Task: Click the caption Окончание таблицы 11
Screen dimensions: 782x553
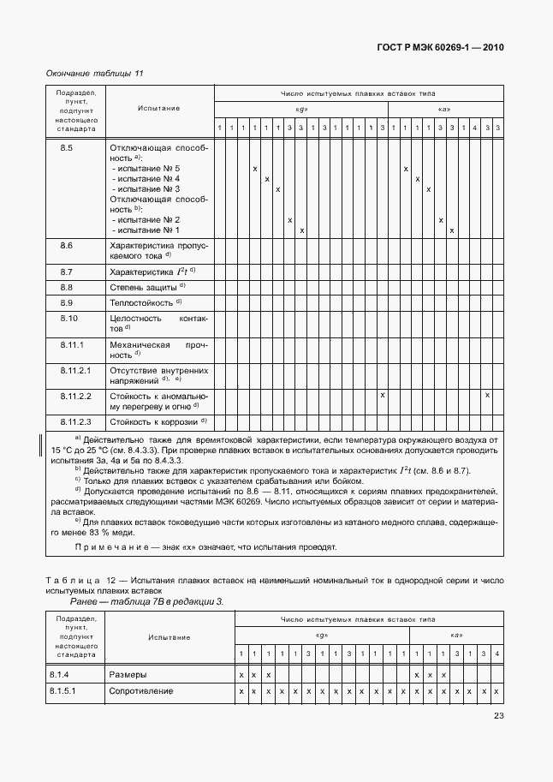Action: coord(94,73)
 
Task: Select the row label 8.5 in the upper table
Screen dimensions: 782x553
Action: coord(67,147)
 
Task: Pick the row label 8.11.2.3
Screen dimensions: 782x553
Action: coord(74,421)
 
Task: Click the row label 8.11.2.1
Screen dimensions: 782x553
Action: coord(74,369)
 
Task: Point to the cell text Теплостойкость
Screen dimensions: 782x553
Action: coord(140,303)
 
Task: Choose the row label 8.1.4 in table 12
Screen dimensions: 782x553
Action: coord(63,674)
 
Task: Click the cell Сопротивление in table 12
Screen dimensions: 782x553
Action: coord(140,690)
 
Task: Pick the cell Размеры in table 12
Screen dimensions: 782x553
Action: coord(128,674)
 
